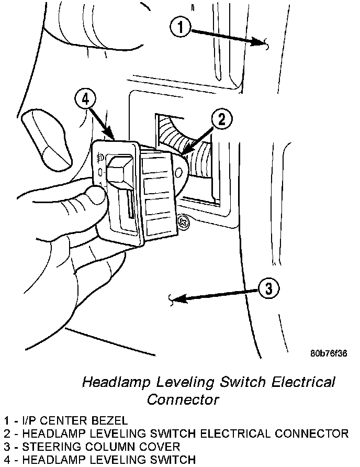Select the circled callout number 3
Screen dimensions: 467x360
click(268, 288)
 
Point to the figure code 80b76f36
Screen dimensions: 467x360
click(328, 352)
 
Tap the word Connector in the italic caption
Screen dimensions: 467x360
click(183, 399)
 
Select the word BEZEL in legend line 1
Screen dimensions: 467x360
click(111, 420)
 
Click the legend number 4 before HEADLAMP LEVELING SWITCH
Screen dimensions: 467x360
click(6, 460)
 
